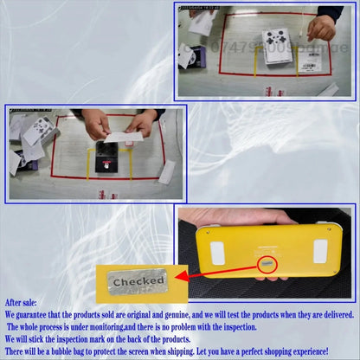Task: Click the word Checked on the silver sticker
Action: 138,281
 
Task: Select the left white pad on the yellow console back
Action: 217,252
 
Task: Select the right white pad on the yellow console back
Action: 320,251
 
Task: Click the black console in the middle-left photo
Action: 106,160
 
